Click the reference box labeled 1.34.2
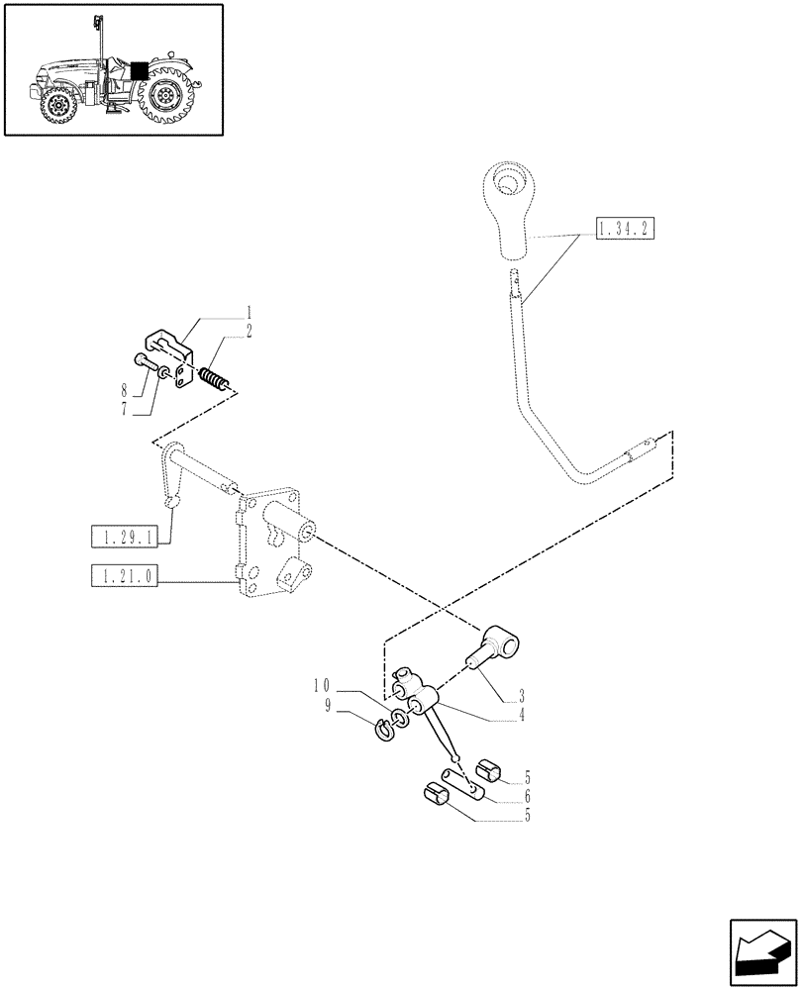626,230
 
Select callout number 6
527,797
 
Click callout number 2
248,331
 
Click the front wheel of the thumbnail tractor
58,104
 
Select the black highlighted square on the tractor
139,70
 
